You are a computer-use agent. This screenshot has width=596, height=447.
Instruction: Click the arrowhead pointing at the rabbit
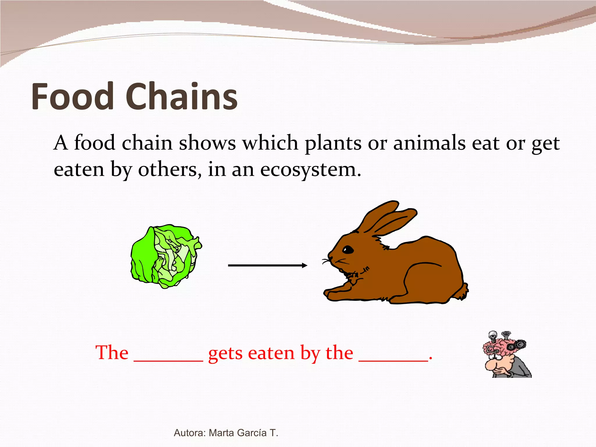pyautogui.click(x=304, y=265)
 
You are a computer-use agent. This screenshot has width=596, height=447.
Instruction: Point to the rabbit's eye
pyautogui.click(x=347, y=250)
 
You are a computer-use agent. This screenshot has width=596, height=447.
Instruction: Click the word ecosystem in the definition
pyautogui.click(x=310, y=169)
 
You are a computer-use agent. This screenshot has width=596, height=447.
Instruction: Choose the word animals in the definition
pyautogui.click(x=429, y=143)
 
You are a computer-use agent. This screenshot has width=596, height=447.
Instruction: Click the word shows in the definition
pyautogui.click(x=207, y=143)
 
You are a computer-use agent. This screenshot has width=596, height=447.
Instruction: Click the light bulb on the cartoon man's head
pyautogui.click(x=493, y=335)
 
